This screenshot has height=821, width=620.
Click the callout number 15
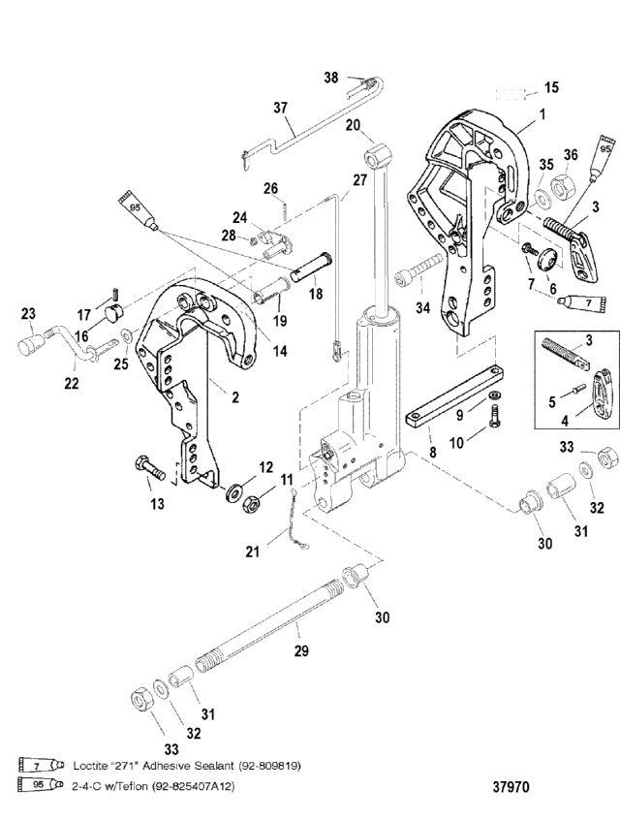[551, 87]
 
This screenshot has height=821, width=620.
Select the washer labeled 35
[542, 199]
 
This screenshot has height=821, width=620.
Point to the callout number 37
[280, 108]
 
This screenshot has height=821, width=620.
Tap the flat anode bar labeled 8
[454, 395]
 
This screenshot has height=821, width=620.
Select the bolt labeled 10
[494, 418]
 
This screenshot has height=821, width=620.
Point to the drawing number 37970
[511, 786]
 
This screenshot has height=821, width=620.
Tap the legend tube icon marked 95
[41, 785]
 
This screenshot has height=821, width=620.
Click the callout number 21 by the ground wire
[253, 552]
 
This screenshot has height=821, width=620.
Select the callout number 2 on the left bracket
[235, 397]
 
